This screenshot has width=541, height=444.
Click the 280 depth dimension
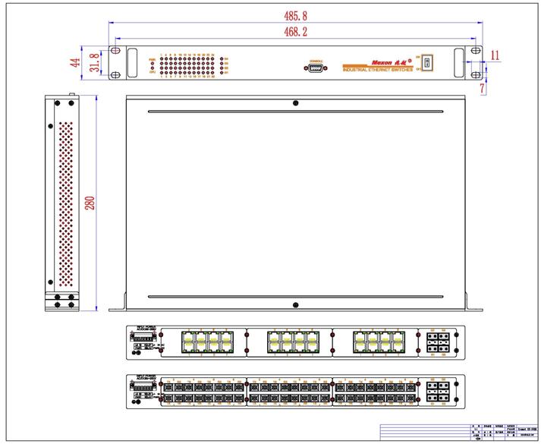point(90,203)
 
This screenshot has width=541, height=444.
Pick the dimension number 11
point(495,55)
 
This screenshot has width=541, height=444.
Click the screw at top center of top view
point(295,103)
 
